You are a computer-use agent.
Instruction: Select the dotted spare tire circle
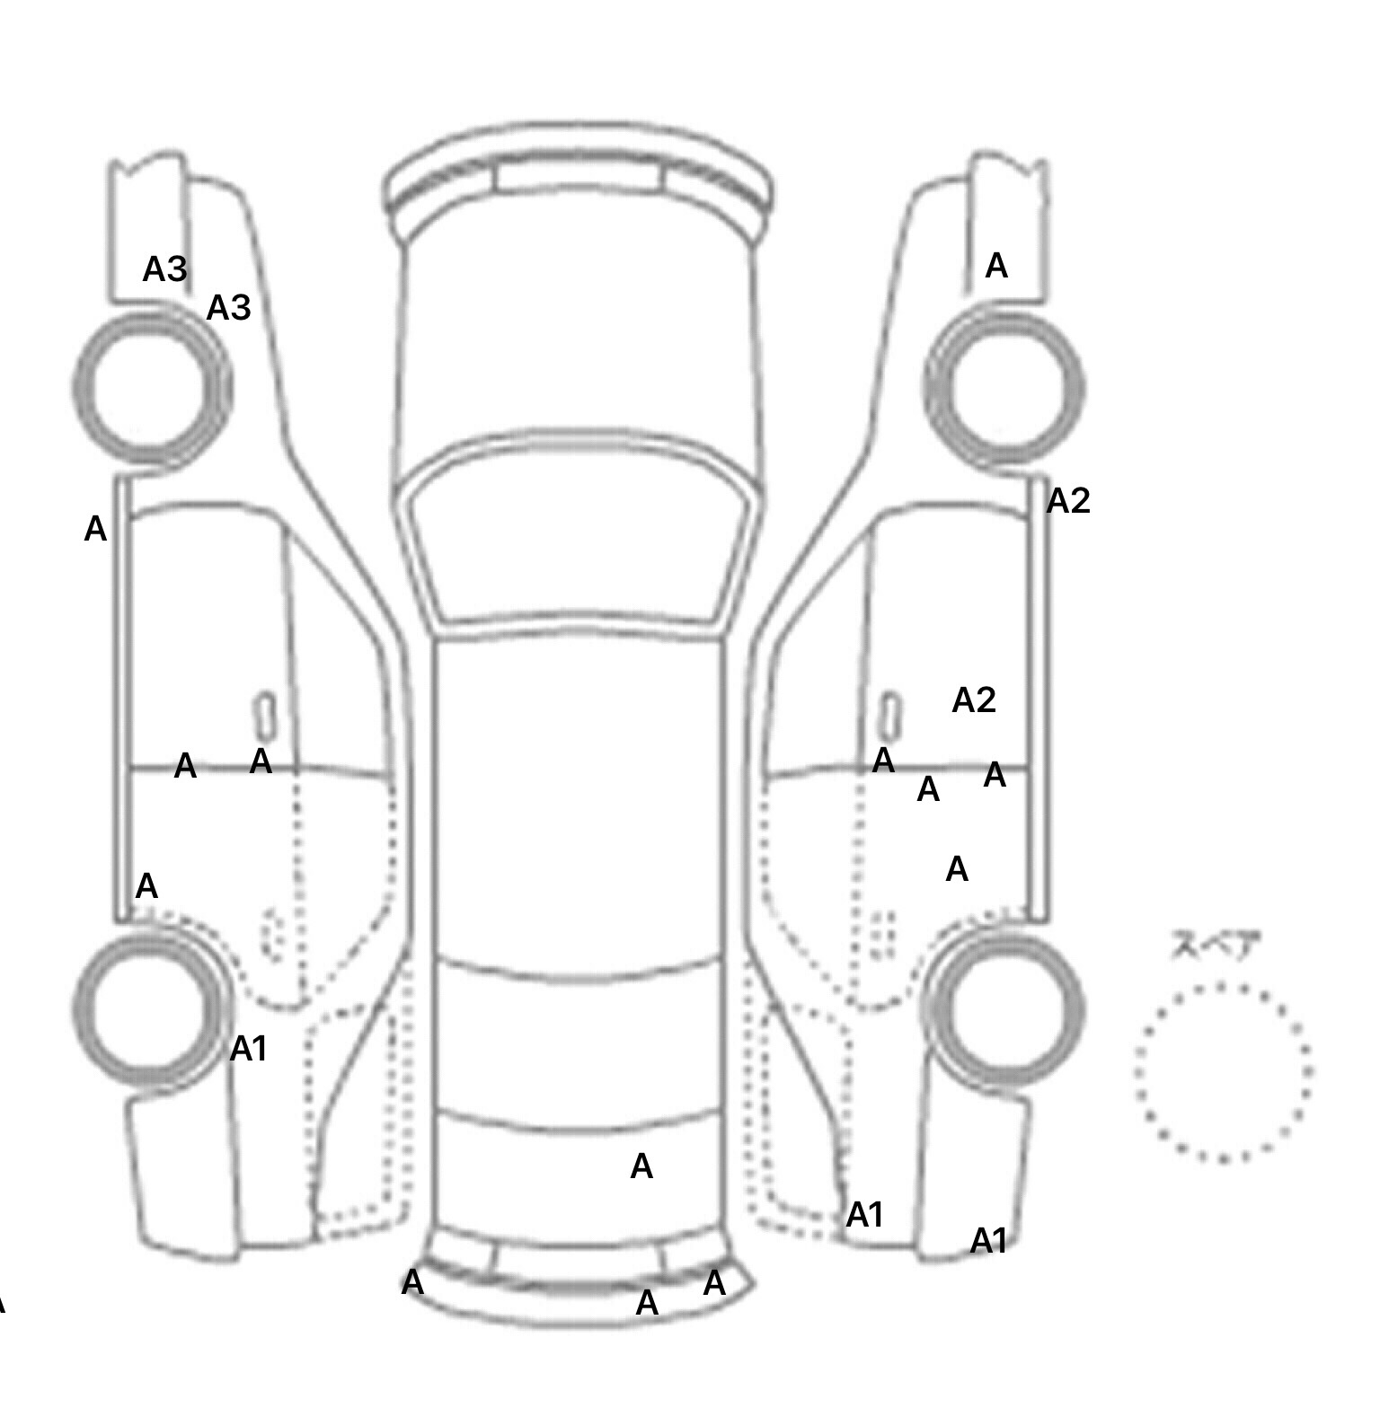(1223, 1071)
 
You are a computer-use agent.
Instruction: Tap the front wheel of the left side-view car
(151, 388)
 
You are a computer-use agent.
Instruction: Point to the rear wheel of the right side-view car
(1006, 1006)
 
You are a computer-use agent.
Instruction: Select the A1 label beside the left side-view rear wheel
(249, 1048)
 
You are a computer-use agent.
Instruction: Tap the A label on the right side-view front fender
(996, 266)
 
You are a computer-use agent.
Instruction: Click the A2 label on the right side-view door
(974, 700)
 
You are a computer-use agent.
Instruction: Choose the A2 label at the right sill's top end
(1068, 501)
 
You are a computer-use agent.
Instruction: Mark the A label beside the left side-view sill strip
(95, 529)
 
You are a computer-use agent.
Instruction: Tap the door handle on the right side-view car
(889, 715)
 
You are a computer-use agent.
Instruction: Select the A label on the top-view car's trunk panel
(641, 1166)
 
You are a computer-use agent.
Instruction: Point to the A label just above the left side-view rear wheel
(146, 886)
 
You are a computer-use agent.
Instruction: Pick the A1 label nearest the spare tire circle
(989, 1241)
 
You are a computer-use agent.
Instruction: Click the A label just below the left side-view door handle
(261, 761)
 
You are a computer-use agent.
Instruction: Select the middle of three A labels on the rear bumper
(647, 1302)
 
